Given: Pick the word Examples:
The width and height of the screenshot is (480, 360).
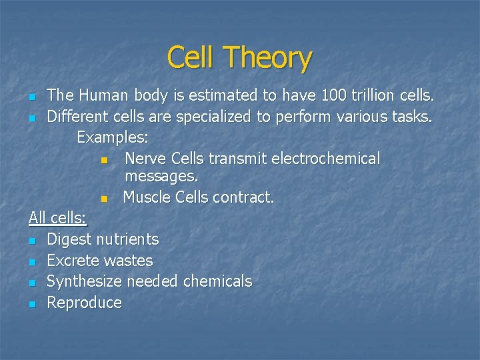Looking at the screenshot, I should pos(113,138).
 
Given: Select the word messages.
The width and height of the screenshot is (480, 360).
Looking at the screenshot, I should pos(161,177).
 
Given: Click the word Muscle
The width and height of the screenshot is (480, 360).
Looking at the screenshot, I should pos(147,197).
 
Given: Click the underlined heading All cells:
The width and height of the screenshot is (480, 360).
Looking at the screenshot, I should pos(62,218).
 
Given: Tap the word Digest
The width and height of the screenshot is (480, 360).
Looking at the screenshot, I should pos(70,239).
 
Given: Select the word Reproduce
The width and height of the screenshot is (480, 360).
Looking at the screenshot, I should pos(85,303).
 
